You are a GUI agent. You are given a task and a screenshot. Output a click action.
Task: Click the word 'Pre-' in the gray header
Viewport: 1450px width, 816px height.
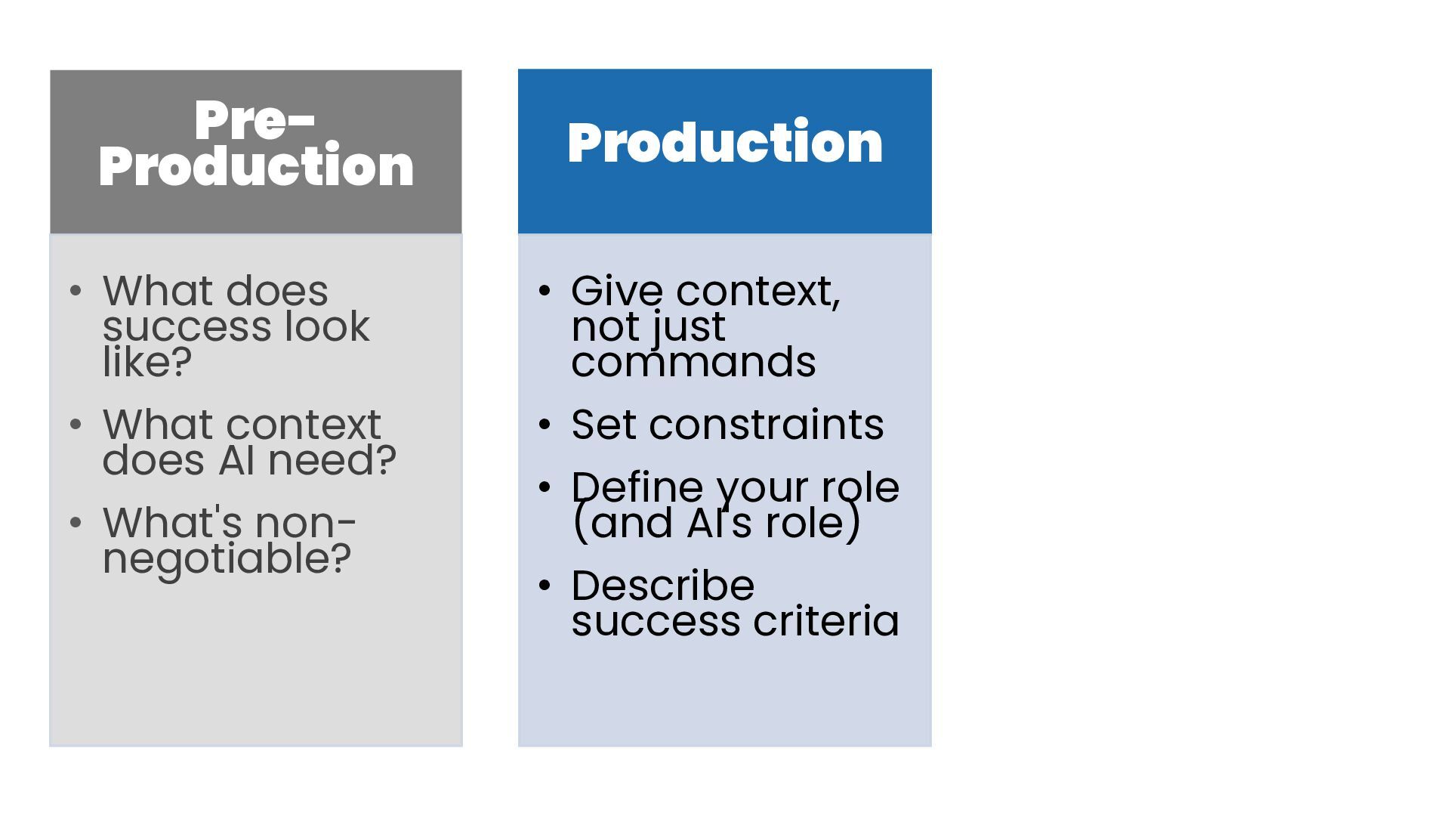(255, 121)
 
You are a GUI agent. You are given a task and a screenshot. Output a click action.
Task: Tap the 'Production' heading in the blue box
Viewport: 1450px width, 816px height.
(725, 143)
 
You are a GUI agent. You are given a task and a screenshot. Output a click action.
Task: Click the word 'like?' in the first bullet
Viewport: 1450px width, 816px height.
(147, 362)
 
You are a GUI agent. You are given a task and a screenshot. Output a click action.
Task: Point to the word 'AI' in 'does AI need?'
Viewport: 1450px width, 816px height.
(236, 460)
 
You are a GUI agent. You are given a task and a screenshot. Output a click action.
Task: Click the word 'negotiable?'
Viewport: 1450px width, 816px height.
(227, 560)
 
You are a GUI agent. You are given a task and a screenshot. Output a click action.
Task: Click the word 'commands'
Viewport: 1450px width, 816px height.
(693, 362)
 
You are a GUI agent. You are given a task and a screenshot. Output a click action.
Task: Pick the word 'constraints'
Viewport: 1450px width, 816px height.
(766, 425)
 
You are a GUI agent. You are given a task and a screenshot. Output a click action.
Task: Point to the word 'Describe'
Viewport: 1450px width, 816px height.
(662, 586)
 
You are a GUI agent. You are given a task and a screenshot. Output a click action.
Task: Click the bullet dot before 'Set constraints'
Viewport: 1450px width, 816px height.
(545, 425)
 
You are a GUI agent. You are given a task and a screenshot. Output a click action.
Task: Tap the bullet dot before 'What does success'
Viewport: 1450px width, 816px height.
(75, 291)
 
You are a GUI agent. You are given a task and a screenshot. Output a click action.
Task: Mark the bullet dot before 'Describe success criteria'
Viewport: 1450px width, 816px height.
(545, 586)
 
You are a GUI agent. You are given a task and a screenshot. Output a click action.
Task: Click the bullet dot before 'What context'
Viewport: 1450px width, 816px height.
(75, 425)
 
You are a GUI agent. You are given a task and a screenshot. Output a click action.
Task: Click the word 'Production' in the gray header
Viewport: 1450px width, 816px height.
(256, 167)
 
